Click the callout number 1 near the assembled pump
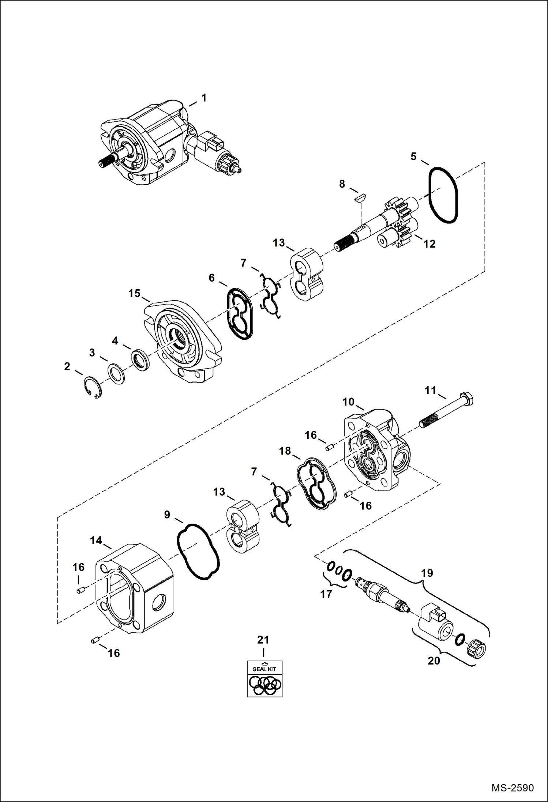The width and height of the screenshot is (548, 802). (204, 98)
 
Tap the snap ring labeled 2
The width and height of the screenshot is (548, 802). (91, 387)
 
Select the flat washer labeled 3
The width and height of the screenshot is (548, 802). (116, 373)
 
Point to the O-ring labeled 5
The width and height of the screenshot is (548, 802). (443, 195)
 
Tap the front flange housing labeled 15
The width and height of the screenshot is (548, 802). (183, 340)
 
